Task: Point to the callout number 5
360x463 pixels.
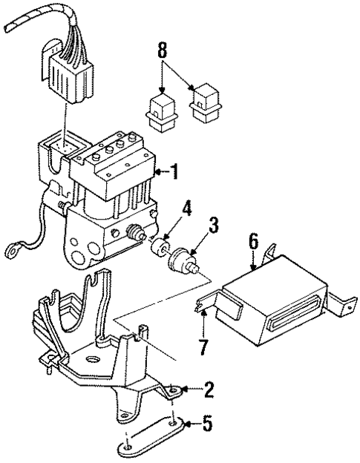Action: [209, 426]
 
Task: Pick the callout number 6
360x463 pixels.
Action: [252, 242]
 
